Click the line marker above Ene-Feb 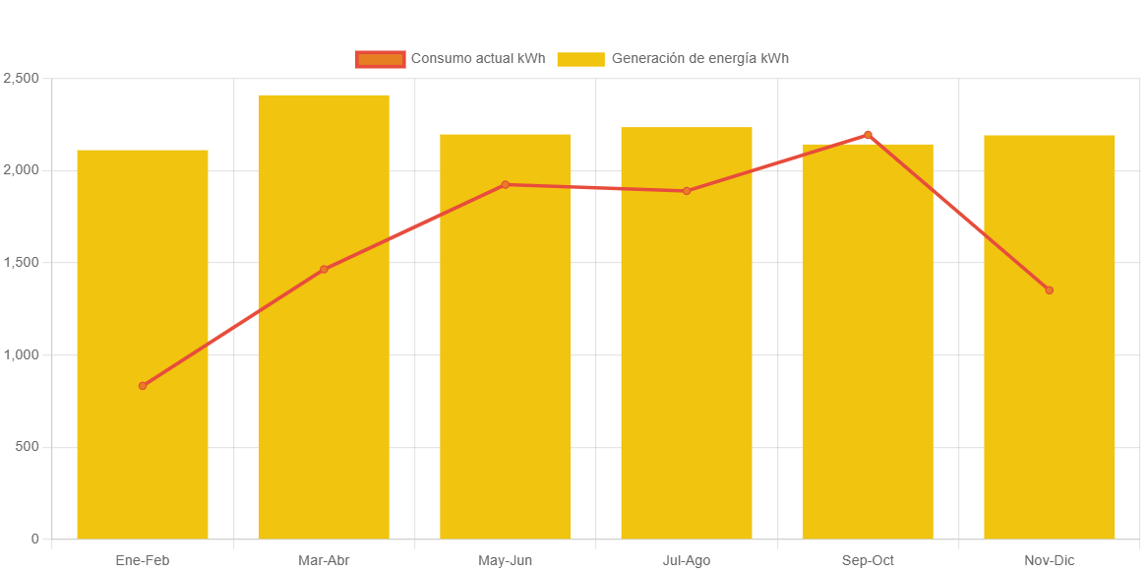pos(143,386)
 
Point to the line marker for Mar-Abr pos(324,269)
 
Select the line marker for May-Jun pos(506,184)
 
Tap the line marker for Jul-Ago pos(687,191)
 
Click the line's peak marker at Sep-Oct pos(868,134)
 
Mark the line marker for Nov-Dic pos(1049,290)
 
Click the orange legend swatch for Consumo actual pos(380,59)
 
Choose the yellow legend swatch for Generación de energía pos(580,59)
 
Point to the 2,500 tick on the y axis pos(21,78)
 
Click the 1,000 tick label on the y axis pos(21,354)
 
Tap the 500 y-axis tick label pos(27,447)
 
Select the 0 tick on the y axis pos(34,539)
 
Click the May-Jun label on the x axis pos(506,560)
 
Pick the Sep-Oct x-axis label pos(868,560)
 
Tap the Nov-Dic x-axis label pos(1049,560)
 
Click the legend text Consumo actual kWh pos(477,58)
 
